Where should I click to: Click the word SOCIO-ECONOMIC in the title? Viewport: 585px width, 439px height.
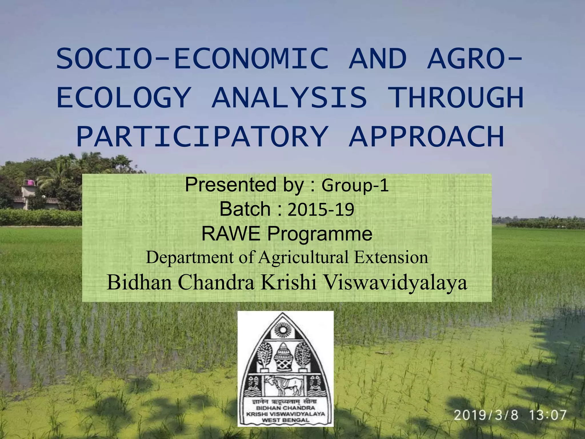192,59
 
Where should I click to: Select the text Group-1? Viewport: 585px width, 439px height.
355,185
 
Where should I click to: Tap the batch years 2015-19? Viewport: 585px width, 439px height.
321,209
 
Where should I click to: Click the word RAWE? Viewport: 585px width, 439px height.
231,234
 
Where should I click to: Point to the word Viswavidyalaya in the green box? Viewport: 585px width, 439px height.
396,282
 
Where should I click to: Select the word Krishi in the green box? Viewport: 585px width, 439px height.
289,282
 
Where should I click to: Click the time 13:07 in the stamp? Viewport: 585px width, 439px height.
548,415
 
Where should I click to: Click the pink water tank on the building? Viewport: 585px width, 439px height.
29,182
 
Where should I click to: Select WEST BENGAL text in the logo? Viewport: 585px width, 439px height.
285,420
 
